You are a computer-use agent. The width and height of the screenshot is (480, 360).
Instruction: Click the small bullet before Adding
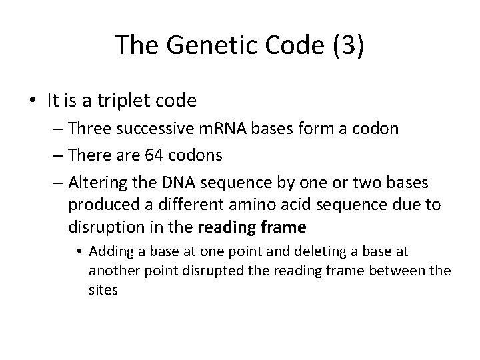click(79, 252)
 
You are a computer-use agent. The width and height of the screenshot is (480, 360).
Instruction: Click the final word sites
click(103, 290)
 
